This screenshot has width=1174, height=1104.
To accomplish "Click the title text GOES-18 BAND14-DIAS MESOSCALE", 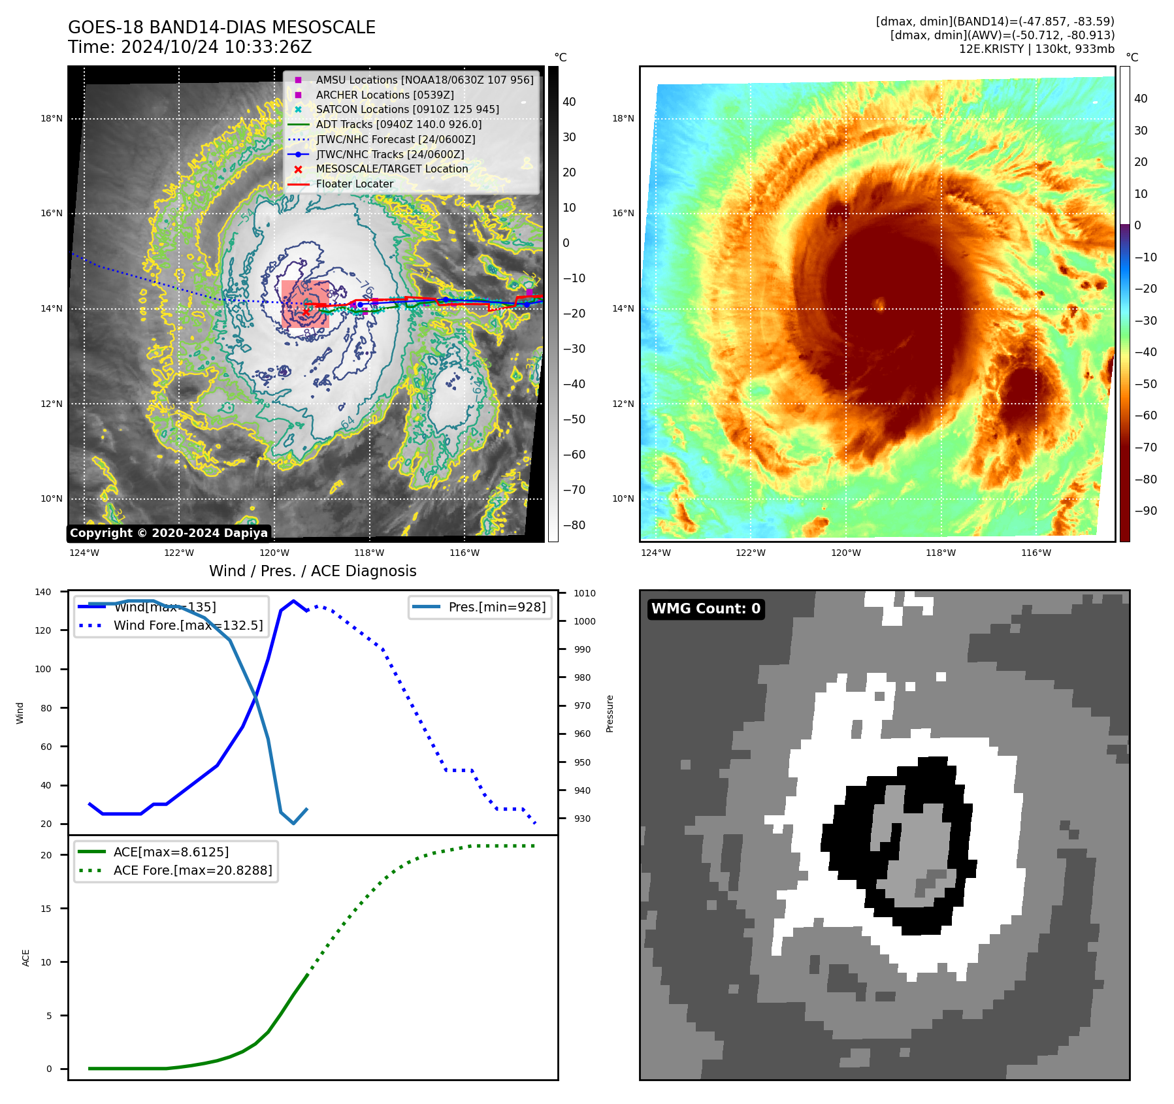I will pos(221,27).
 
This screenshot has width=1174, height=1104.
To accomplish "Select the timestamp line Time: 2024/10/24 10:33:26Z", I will pos(189,47).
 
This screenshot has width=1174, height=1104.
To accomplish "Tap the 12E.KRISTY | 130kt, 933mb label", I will pos(1036,49).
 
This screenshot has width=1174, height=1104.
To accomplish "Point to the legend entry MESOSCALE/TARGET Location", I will pos(391,169).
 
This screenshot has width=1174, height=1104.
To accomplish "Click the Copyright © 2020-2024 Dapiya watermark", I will pos(169,533).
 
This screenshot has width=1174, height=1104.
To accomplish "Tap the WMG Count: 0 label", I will pos(706,609).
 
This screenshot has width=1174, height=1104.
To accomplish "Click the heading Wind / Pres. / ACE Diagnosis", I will pos(312,571).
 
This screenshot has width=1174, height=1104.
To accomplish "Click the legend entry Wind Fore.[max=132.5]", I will pos(188,625).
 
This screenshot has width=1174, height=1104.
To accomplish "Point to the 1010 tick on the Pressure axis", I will pos(585,593).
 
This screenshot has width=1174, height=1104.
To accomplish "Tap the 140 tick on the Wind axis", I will pos(43,592).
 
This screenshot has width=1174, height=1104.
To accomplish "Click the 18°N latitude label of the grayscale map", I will pos(52,118).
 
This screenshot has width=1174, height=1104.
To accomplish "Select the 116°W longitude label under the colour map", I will pos(1036,553).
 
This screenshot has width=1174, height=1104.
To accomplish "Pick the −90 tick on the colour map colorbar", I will pos(1145,511).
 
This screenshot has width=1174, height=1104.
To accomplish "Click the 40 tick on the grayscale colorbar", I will pos(569,102).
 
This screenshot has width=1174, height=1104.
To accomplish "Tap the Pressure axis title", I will pos(610,713).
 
